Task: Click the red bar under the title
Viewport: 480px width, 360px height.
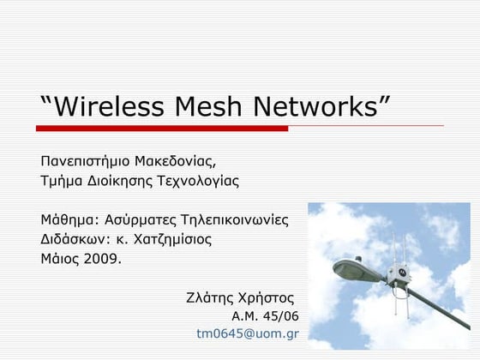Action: pos(162,129)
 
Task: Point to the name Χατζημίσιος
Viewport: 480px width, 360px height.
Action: pos(171,239)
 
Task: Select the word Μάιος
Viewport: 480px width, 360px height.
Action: pos(60,258)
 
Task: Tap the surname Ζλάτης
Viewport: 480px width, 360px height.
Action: pos(210,297)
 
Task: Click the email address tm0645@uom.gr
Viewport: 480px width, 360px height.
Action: pos(247,333)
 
